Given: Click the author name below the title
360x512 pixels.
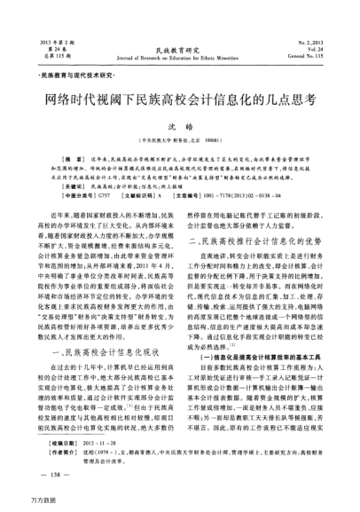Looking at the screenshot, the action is [x=180, y=128].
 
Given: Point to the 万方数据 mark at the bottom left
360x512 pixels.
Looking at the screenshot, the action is [x=20, y=502].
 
